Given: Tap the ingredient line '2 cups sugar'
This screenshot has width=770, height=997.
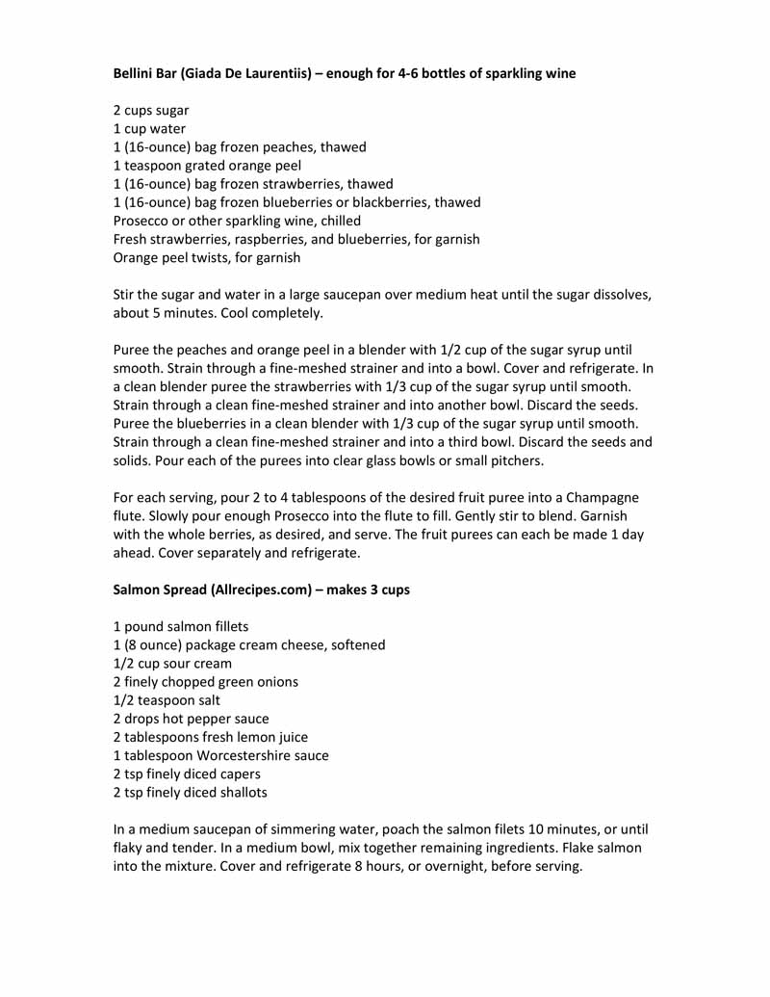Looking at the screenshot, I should (151, 111).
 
